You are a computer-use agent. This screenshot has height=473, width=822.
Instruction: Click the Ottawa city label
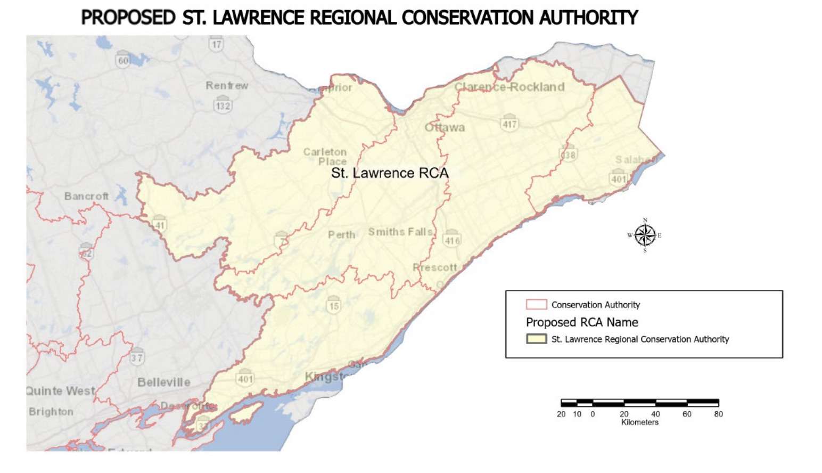[445, 128]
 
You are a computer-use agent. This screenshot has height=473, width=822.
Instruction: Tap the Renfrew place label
[227, 86]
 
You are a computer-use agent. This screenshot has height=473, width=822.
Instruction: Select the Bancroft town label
[86, 197]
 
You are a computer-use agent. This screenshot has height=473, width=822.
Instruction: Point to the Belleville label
[163, 382]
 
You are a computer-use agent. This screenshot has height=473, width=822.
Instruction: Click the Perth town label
[341, 235]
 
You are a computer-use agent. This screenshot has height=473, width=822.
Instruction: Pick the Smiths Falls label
[400, 232]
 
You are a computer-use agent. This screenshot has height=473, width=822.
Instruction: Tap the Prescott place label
[435, 267]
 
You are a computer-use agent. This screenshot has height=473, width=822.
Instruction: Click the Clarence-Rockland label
[509, 87]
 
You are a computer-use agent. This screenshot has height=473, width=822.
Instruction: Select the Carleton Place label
[325, 157]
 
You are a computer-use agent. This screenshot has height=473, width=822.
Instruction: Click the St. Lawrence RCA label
[390, 173]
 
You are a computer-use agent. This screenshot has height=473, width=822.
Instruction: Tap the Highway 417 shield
[509, 123]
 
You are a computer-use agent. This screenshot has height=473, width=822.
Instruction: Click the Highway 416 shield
[452, 239]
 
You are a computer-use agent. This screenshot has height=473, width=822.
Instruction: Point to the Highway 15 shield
[334, 305]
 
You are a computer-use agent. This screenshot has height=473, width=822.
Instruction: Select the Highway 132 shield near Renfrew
[223, 104]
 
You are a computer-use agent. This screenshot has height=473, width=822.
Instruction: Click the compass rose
[645, 235]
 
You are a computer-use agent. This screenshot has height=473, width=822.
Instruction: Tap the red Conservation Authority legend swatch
[536, 305]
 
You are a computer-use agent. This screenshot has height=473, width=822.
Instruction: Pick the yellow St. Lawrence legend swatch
[536, 339]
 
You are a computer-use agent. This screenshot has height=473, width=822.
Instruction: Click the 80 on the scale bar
[718, 414]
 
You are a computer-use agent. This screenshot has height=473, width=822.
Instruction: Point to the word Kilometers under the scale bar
[639, 422]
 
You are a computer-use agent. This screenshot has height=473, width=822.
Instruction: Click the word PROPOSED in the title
[128, 18]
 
